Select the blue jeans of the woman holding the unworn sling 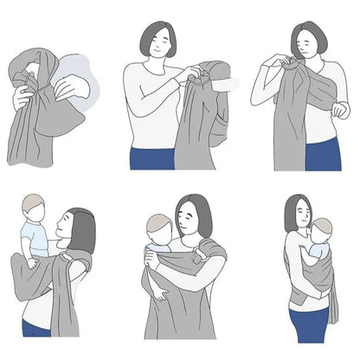pyautogui.click(x=151, y=157)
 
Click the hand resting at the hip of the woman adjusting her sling pyautogui.click(x=340, y=111)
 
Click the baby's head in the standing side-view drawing pyautogui.click(x=321, y=230)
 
